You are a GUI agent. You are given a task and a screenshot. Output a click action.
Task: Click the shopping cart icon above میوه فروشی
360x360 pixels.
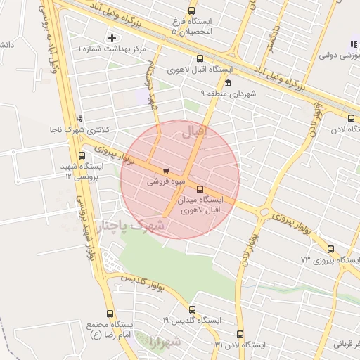(165, 170)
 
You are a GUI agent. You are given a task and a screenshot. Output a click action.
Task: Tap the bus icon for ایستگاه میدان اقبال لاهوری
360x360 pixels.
(200, 188)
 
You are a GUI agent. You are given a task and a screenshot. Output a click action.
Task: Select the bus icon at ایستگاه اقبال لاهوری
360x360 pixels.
(200, 59)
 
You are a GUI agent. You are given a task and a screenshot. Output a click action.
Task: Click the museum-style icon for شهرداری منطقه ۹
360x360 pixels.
(228, 83)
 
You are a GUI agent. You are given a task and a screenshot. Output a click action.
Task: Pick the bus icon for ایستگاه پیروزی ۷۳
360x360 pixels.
(330, 248)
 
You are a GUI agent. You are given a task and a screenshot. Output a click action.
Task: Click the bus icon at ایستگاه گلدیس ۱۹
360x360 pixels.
(192, 309)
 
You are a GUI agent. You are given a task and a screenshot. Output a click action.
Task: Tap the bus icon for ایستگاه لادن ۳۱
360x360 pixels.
(240, 334)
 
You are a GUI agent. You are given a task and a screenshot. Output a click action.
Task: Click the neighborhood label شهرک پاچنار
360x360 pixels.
(130, 226)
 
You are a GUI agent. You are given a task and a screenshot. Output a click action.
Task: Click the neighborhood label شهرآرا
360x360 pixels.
(165, 342)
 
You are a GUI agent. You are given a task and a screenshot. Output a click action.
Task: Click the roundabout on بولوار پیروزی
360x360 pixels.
(265, 211)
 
